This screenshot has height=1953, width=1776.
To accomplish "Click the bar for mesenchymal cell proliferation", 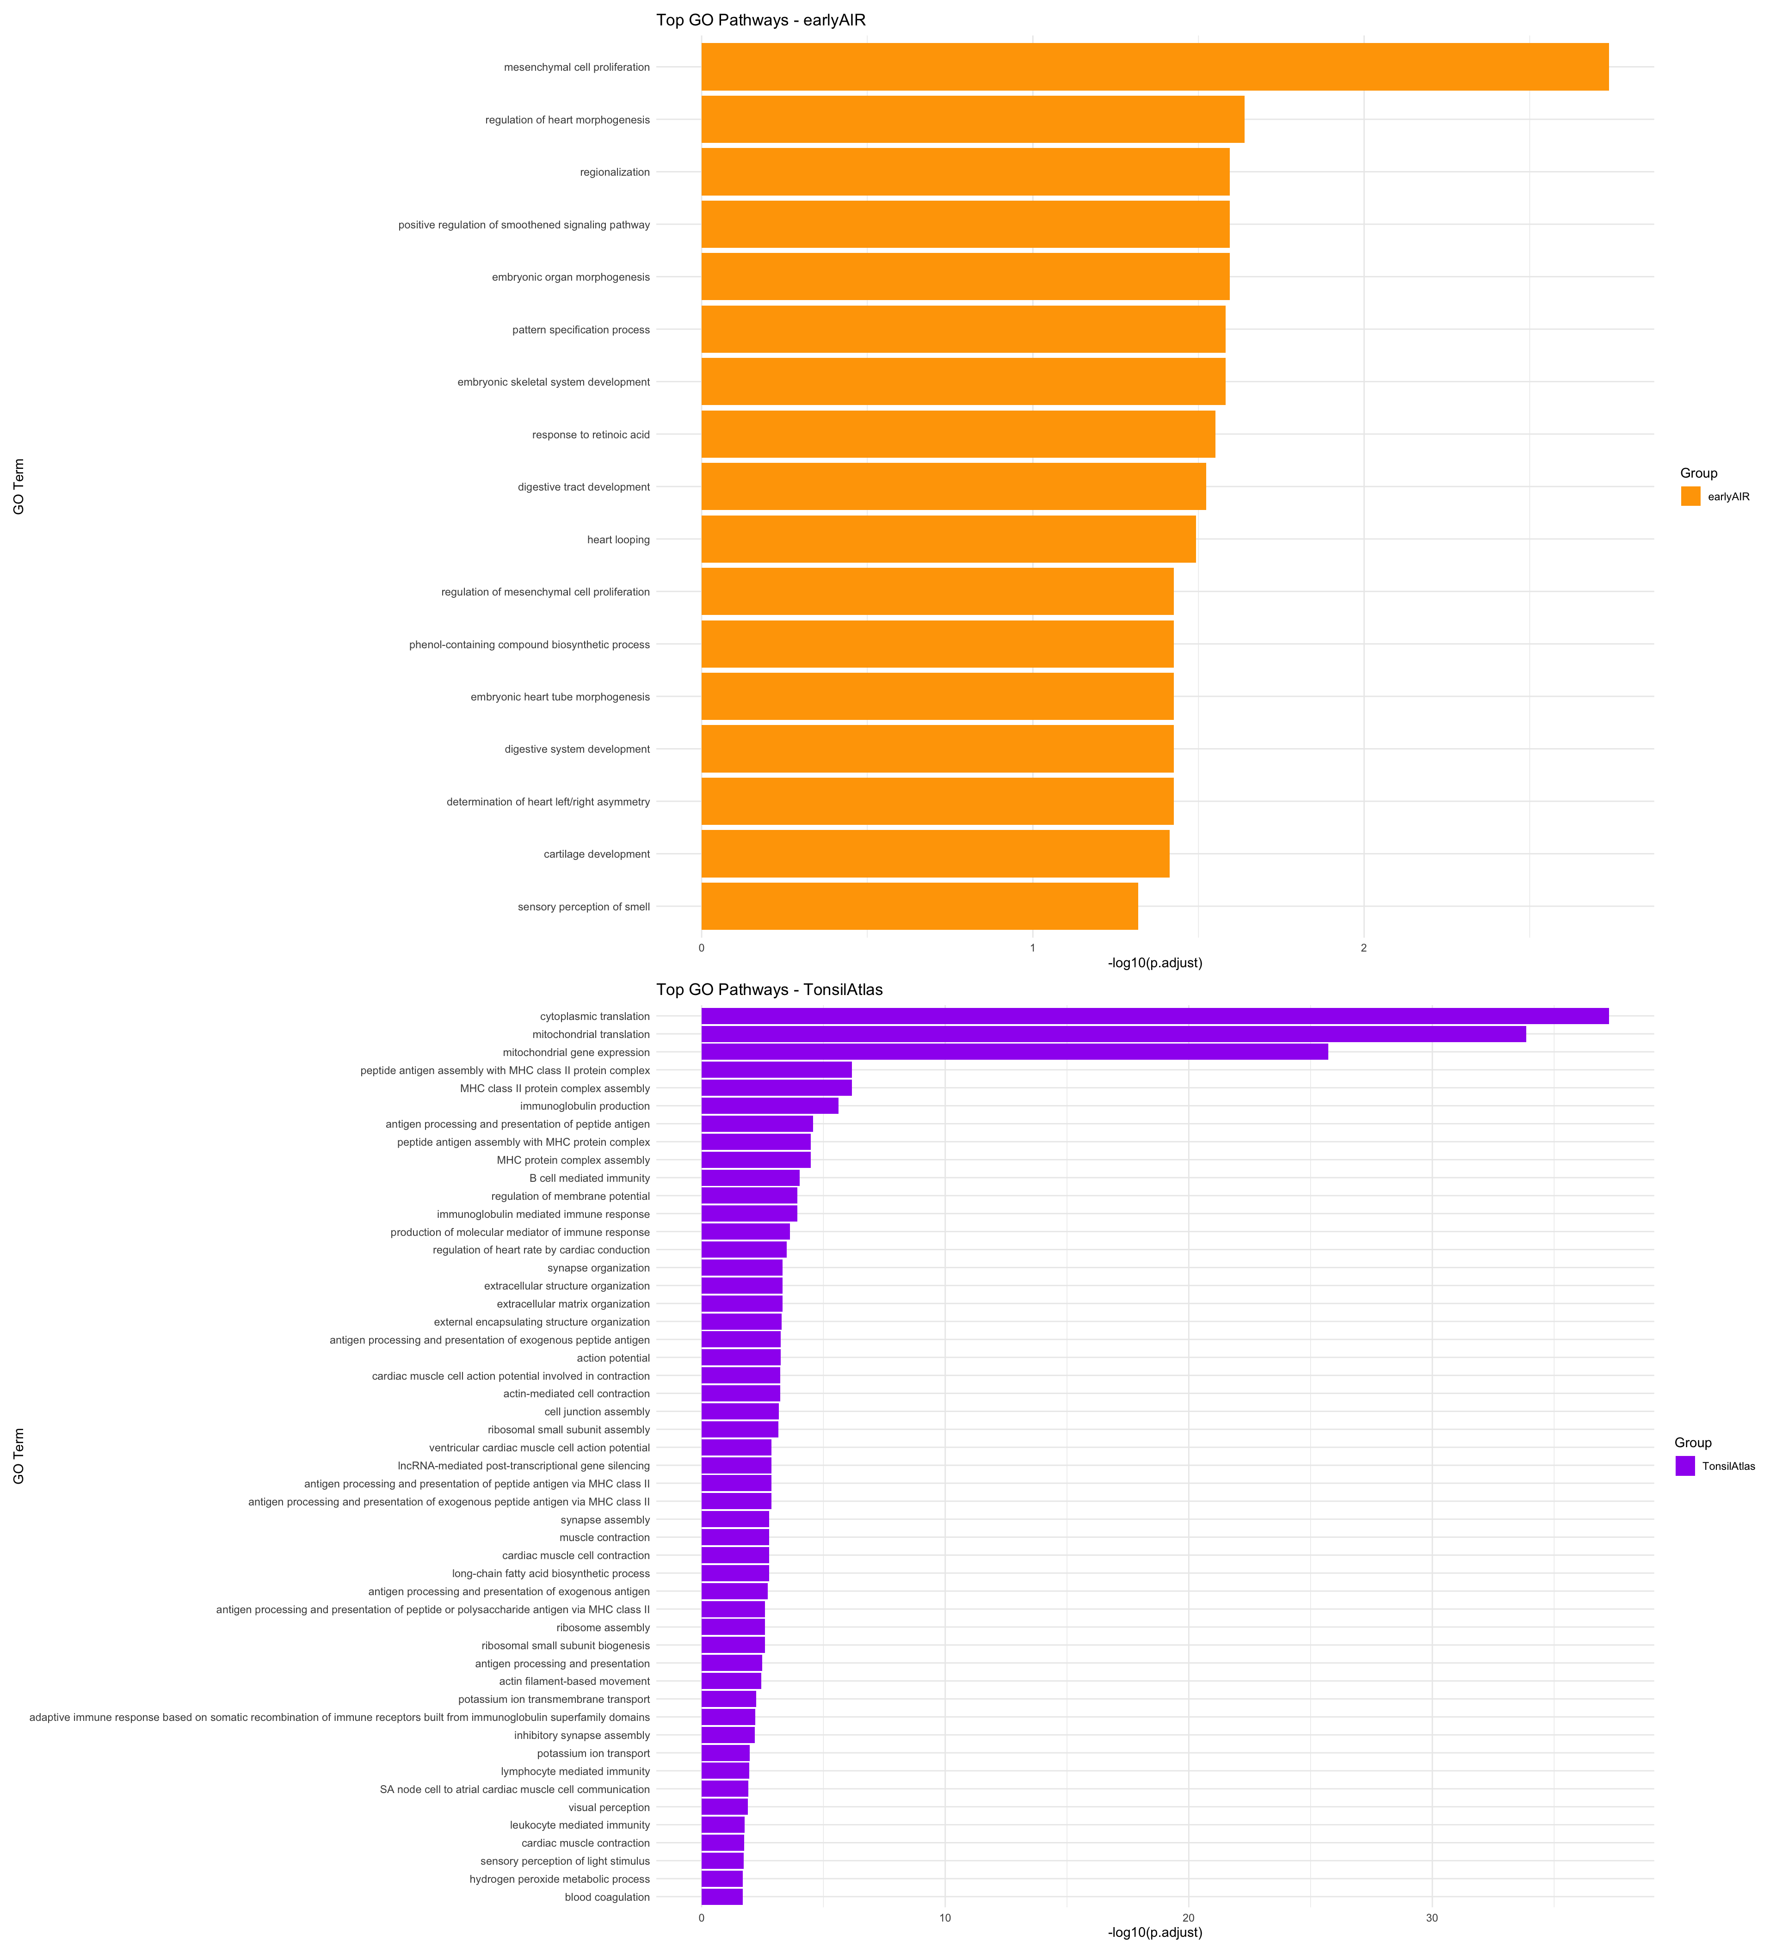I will click(1153, 67).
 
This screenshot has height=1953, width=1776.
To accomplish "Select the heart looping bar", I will click(948, 539).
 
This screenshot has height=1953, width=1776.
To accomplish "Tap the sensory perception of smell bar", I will click(919, 906).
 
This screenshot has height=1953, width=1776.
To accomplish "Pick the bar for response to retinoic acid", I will click(957, 434).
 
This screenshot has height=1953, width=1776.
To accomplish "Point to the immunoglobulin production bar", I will click(769, 1105).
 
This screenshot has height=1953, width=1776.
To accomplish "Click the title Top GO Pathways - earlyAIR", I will click(761, 19).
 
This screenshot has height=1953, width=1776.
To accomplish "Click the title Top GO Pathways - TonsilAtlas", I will click(769, 989).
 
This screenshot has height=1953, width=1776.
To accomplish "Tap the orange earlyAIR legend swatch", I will click(1690, 496).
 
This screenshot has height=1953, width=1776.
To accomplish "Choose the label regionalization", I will click(614, 172).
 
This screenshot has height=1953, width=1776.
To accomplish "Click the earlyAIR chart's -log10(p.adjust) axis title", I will click(1154, 962).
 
